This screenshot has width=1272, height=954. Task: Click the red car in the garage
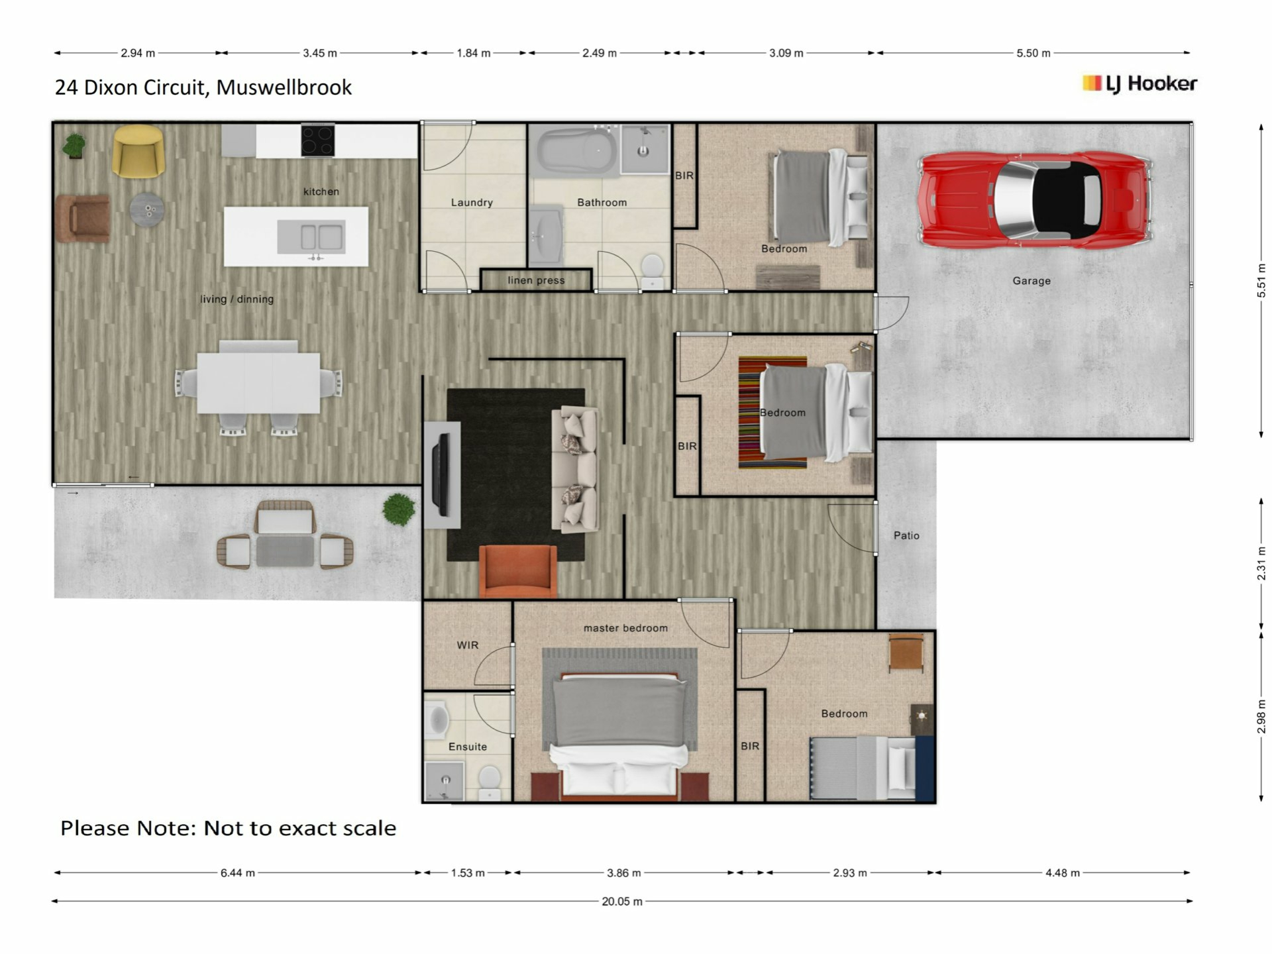[1034, 199]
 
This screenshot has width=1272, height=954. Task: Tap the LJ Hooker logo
[1139, 83]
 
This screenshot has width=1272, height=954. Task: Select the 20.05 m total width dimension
[622, 902]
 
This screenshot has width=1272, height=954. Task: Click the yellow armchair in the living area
[138, 151]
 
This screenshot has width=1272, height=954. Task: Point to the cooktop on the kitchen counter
[318, 140]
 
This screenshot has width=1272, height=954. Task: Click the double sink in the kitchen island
[311, 237]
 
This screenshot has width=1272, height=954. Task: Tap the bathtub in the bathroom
[576, 151]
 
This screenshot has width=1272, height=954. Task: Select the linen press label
[536, 280]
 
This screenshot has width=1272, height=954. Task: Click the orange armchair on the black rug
[518, 571]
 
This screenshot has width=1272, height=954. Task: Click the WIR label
[467, 645]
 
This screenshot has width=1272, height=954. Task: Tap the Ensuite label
[468, 747]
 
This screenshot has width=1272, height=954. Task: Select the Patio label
[906, 535]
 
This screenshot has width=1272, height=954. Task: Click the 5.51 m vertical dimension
[1261, 280]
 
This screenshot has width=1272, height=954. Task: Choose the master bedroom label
[625, 628]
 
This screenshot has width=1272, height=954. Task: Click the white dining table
[258, 383]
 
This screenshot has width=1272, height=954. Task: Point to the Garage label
[1032, 281]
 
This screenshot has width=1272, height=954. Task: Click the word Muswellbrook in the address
[284, 87]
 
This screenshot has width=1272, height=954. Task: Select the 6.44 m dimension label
[238, 873]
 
